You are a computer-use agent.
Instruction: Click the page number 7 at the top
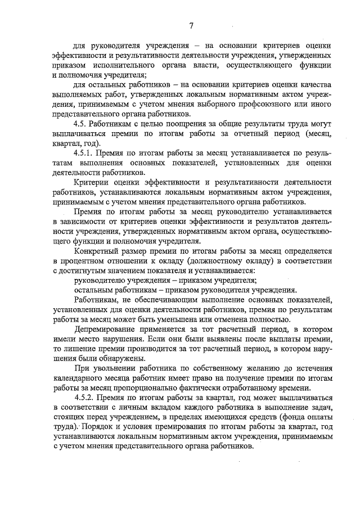[x=191, y=25]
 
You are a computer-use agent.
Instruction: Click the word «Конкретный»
[x=98, y=250]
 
